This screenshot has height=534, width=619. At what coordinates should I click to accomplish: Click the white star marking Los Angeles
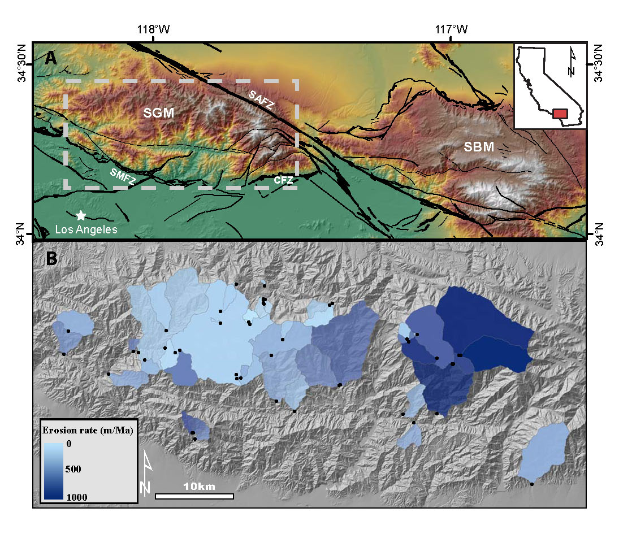(81, 215)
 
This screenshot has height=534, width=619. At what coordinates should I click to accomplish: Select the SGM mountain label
(158, 114)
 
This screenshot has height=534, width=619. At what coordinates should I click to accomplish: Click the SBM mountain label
(479, 147)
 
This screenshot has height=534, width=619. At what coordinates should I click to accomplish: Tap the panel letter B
(51, 258)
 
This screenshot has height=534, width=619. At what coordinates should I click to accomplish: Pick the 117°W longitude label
(451, 29)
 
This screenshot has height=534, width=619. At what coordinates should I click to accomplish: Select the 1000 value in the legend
(76, 496)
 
